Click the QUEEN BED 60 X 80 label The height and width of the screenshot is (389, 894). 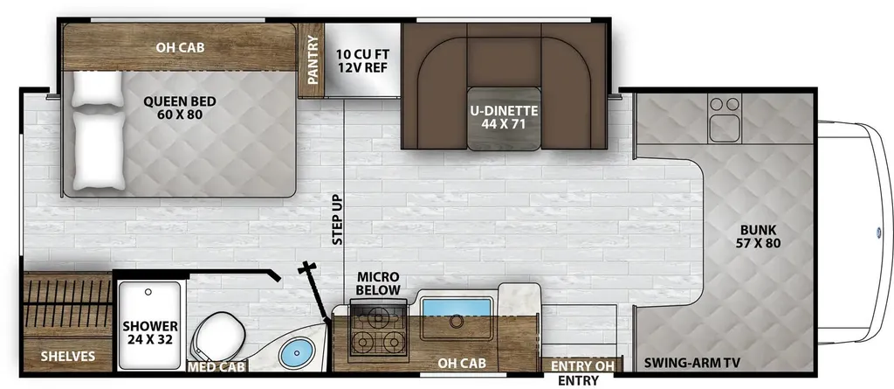[x=179, y=108]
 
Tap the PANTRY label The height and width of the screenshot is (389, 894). [x=312, y=60]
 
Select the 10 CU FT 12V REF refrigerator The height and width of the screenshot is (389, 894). [x=362, y=59]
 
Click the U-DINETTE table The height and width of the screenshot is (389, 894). [x=504, y=118]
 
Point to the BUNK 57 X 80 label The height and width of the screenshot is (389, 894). [x=759, y=237]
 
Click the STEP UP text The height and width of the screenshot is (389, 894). [x=337, y=220]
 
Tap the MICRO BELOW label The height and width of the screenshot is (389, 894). [x=378, y=283]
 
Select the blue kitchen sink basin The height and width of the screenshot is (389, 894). [x=456, y=307]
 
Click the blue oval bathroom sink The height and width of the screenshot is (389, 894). [x=297, y=352]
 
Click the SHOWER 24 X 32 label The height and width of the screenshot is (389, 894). [x=150, y=332]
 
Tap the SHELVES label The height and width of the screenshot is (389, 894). [x=68, y=357]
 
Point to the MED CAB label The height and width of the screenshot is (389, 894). [x=217, y=367]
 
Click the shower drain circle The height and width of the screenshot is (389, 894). [x=148, y=292]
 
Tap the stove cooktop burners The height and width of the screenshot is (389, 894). [x=377, y=330]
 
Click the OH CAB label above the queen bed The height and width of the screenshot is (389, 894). [x=180, y=47]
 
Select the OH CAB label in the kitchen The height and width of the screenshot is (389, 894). [x=461, y=363]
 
